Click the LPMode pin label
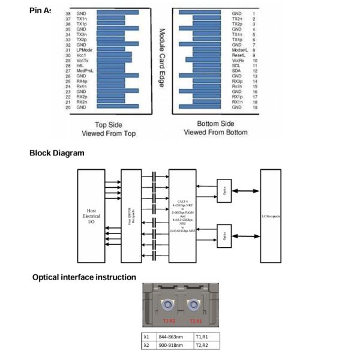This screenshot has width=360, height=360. pos(83,49)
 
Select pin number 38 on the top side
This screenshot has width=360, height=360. pos(68,13)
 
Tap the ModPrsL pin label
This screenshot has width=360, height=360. pos(84,71)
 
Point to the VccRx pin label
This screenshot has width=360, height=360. pos(238,60)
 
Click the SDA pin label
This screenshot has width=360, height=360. pos(236,71)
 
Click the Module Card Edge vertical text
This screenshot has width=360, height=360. pos(161,58)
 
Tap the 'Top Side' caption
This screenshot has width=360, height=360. pos(109,124)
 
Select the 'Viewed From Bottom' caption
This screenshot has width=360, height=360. pos(215,132)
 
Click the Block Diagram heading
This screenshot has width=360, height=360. pos(57,152)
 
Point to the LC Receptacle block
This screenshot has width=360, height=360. pos(270,216)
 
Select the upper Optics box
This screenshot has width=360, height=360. pos(224,192)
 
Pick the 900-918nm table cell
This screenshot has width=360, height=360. pos(171,345)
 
